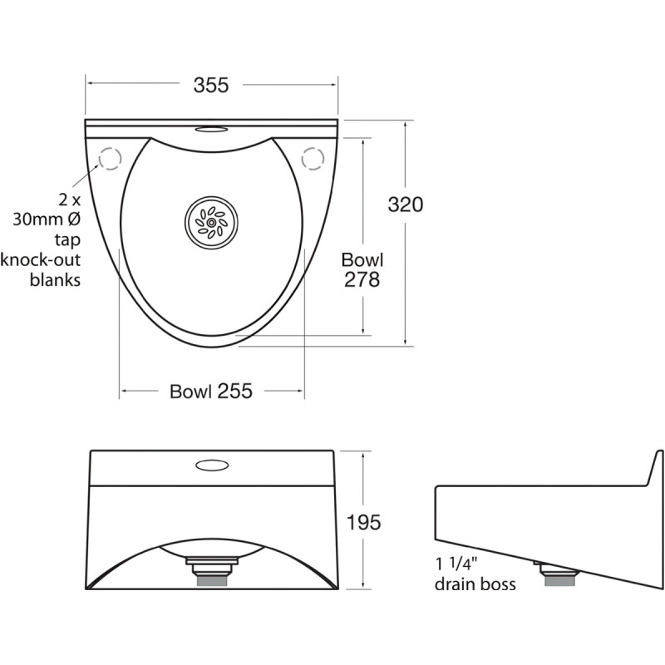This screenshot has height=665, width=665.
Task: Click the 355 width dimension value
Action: point(211,85)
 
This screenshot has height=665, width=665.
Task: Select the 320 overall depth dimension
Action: point(406,204)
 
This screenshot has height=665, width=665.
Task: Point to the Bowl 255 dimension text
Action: point(210,391)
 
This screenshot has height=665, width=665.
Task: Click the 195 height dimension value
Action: point(363,522)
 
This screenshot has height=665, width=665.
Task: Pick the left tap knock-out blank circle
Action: point(110,158)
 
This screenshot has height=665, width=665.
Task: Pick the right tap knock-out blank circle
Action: point(313,157)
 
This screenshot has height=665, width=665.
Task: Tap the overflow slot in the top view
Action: point(212,130)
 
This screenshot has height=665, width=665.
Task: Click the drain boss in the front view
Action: point(212,572)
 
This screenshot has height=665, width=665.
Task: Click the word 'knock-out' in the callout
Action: point(41,259)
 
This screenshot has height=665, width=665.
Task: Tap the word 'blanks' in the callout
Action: point(55,279)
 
